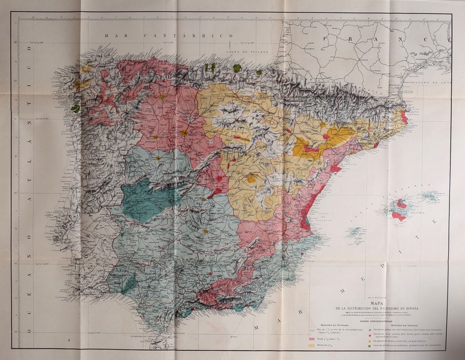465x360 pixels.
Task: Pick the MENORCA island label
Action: [x=444, y=194]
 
